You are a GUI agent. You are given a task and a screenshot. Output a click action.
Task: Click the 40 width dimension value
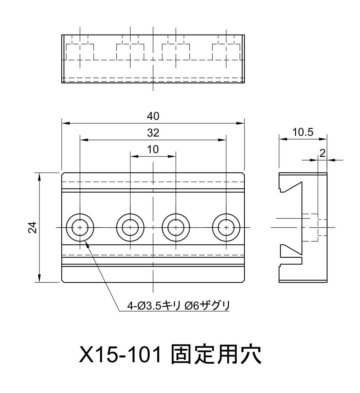tap(153, 116)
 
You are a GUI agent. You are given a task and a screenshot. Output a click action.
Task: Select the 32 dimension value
tap(153, 133)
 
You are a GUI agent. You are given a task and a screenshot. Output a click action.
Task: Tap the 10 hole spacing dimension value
tap(153, 149)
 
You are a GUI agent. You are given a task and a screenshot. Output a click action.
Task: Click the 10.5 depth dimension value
tap(303, 132)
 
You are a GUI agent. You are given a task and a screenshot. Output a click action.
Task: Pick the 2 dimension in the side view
tap(322, 153)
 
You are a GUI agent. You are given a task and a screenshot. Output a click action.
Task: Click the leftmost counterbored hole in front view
tap(80, 228)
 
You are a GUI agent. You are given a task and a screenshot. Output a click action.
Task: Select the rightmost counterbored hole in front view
tap(226, 228)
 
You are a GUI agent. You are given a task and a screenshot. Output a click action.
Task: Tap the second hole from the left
tap(130, 228)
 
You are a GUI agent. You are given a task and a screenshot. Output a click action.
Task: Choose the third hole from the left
tap(176, 228)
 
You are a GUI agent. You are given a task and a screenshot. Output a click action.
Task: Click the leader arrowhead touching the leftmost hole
tap(87, 244)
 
